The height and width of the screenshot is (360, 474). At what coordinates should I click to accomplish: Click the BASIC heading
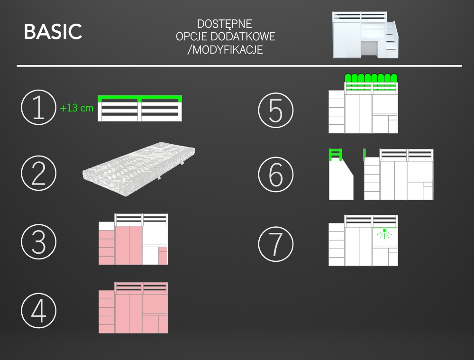click(53, 31)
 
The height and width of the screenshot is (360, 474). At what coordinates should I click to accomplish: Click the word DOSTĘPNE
click(224, 24)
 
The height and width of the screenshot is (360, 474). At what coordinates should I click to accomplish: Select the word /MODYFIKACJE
click(225, 49)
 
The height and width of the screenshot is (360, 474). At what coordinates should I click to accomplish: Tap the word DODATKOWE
click(243, 37)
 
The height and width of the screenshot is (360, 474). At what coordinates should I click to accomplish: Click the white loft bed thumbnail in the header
click(365, 35)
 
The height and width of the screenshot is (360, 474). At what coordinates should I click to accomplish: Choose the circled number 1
click(39, 107)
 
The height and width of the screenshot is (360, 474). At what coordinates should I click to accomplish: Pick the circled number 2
click(39, 173)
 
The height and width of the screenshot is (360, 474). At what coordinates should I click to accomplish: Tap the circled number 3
click(39, 242)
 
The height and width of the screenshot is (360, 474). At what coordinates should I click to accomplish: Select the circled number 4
click(39, 310)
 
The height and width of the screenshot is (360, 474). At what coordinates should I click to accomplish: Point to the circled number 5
click(276, 110)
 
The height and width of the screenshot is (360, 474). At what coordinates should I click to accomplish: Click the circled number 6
click(276, 175)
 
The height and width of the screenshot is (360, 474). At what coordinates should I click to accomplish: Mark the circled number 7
click(276, 244)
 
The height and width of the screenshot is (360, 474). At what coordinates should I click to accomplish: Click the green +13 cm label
click(77, 108)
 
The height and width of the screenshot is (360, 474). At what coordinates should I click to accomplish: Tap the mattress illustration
click(139, 169)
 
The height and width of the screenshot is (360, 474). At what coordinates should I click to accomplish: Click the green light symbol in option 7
click(384, 233)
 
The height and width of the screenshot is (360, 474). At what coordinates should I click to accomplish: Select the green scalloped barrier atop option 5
click(371, 78)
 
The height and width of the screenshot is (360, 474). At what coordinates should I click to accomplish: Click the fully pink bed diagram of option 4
click(133, 308)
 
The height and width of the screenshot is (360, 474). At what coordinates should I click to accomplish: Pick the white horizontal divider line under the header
click(239, 65)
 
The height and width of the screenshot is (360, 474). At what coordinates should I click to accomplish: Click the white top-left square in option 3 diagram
click(107, 226)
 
